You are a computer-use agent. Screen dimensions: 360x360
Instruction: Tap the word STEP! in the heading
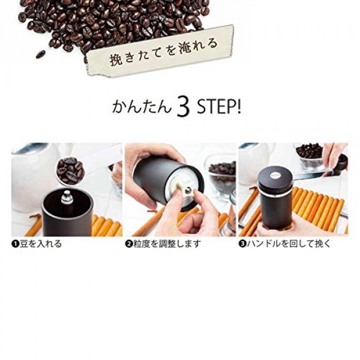(219, 108)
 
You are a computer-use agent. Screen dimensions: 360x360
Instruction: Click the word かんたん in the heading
(143, 109)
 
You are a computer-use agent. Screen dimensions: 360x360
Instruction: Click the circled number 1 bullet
(14, 244)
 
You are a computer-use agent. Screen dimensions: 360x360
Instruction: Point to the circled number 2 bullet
(128, 244)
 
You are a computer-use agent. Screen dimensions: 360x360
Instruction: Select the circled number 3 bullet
(242, 244)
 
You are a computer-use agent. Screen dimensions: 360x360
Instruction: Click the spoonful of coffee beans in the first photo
(70, 170)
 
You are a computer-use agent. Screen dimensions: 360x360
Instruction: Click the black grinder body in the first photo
(67, 219)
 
